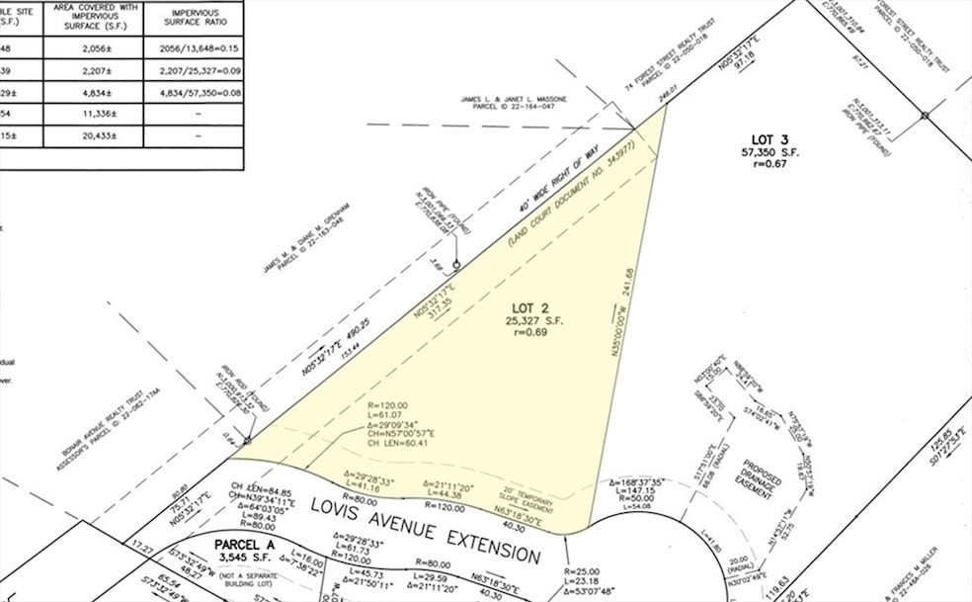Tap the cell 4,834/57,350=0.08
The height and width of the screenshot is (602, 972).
click(193, 92)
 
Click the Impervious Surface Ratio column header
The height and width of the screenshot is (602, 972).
click(193, 17)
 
